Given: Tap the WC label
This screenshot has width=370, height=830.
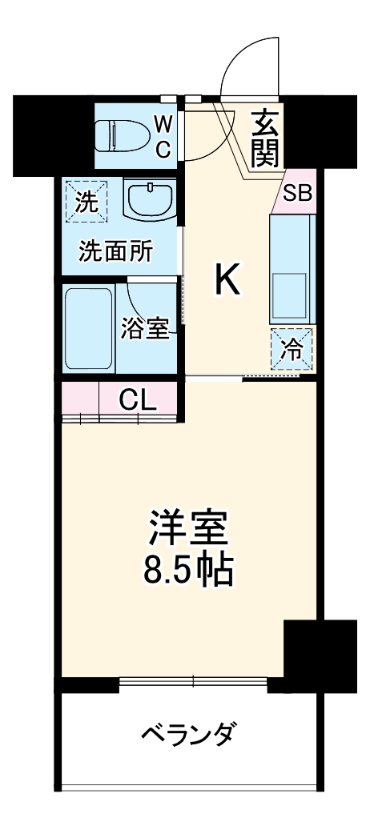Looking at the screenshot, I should (x=163, y=135).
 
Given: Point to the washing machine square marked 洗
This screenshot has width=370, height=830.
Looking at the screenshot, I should (x=86, y=199).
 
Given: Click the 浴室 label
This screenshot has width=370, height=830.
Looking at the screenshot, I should (x=145, y=328).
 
